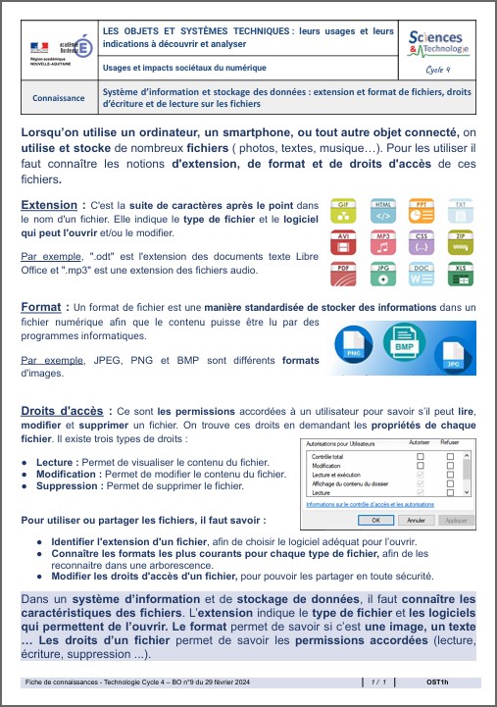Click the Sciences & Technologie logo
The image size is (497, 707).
(438, 42)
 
